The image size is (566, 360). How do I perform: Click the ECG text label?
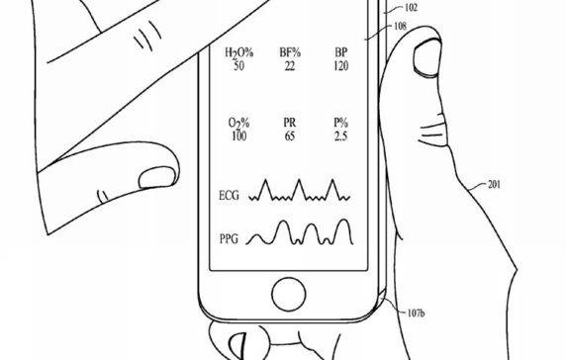click(x=227, y=198)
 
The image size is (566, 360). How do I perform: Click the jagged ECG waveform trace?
click(x=298, y=192)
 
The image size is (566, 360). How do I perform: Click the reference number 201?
click(x=501, y=184)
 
